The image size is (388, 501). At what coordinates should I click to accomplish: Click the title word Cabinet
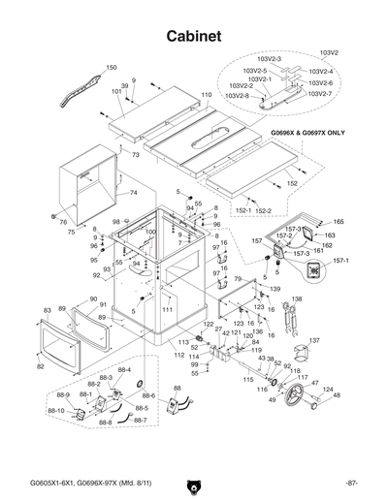(194, 35)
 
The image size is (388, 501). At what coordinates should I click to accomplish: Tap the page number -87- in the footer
(350, 484)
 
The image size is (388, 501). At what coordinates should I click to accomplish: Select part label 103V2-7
(320, 94)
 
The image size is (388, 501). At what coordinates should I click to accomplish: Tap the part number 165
(339, 222)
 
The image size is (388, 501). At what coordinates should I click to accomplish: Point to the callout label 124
(327, 389)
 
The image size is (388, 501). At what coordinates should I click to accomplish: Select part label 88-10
(55, 410)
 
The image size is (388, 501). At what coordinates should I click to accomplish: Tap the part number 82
(40, 367)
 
